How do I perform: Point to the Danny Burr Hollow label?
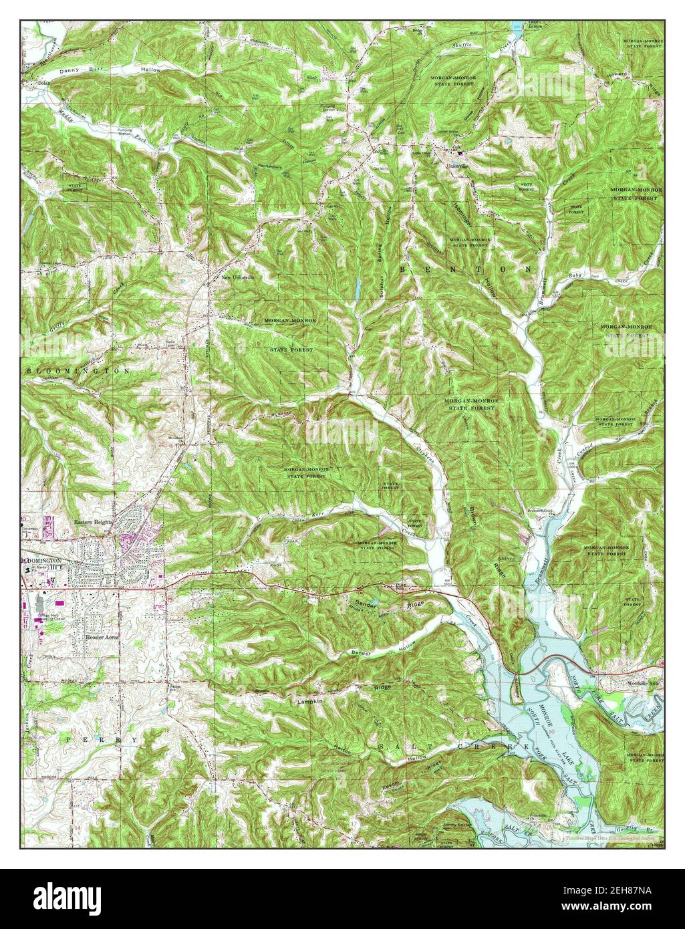[110, 70]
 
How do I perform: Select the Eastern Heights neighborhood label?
[92, 521]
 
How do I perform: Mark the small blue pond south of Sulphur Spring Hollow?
[358, 289]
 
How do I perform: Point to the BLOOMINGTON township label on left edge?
[77, 370]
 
